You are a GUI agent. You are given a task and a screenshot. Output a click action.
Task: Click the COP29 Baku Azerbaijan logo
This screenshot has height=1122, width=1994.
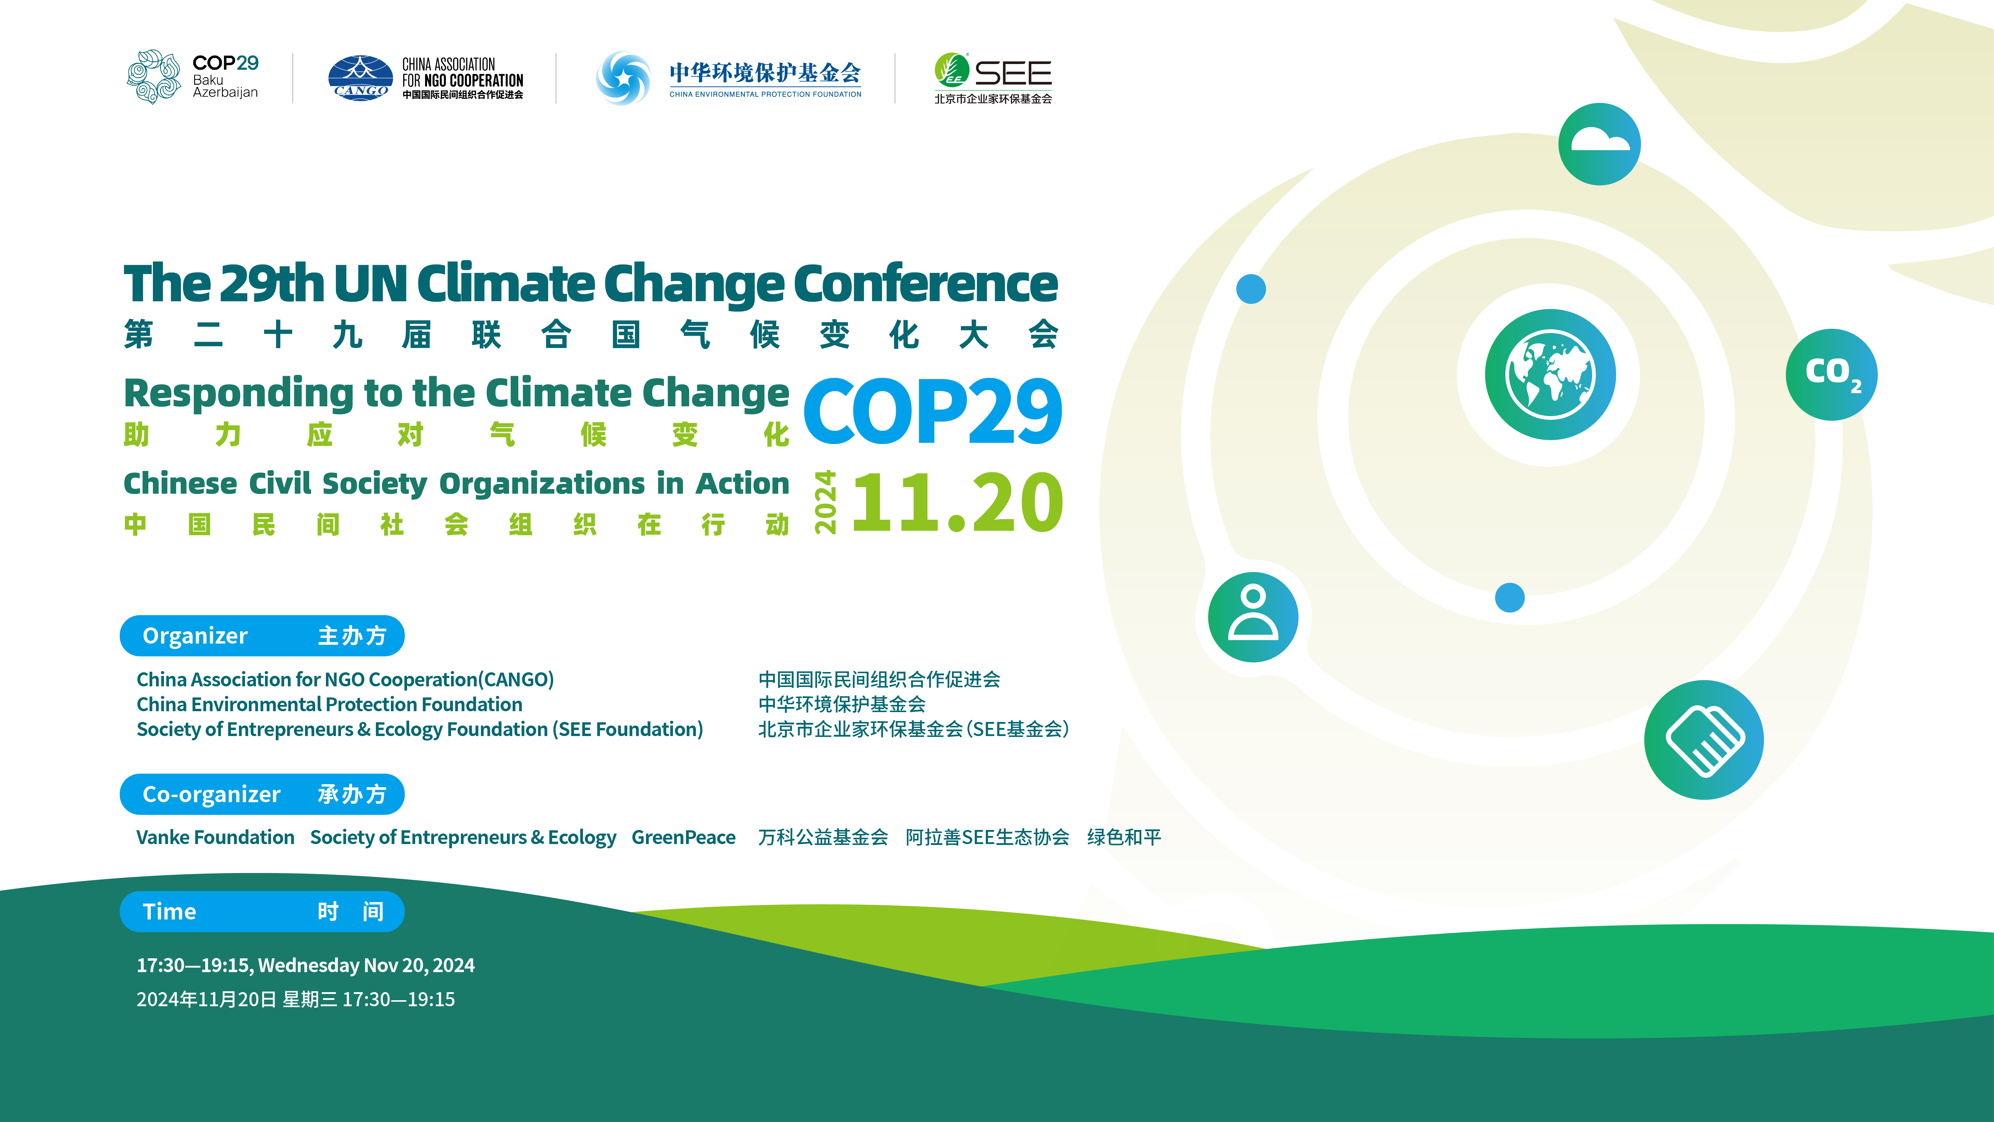click(x=192, y=77)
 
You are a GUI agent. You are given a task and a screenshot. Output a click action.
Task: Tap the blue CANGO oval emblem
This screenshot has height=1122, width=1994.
click(x=360, y=77)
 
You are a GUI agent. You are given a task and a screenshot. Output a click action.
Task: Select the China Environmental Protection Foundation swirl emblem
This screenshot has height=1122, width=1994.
click(x=623, y=77)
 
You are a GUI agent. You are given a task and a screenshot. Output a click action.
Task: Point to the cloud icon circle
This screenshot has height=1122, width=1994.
click(x=1599, y=144)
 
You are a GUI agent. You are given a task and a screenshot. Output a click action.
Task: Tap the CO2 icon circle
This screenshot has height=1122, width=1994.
click(x=1831, y=375)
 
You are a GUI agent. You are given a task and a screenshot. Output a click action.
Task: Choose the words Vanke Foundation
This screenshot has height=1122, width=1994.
click(x=215, y=837)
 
